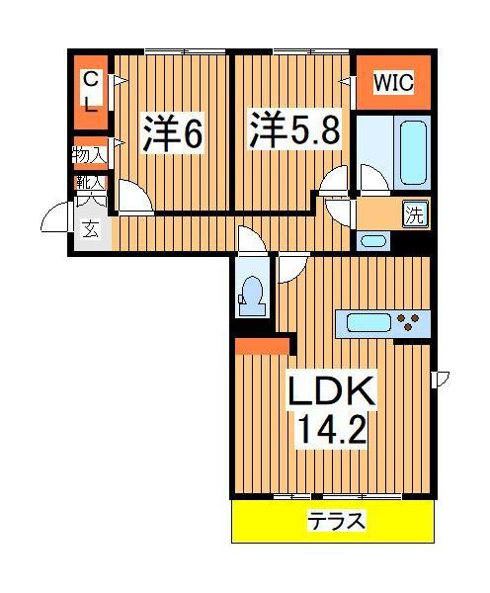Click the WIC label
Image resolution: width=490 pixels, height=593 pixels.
(392, 83)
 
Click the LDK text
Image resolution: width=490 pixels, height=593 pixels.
(332, 392)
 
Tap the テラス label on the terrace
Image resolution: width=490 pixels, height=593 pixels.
(337, 521)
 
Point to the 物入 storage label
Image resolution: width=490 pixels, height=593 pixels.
(88, 154)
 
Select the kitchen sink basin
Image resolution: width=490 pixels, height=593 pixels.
(366, 322)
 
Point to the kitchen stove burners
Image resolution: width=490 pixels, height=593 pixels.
(412, 322)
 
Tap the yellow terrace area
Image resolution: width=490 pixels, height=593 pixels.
(286, 522)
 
